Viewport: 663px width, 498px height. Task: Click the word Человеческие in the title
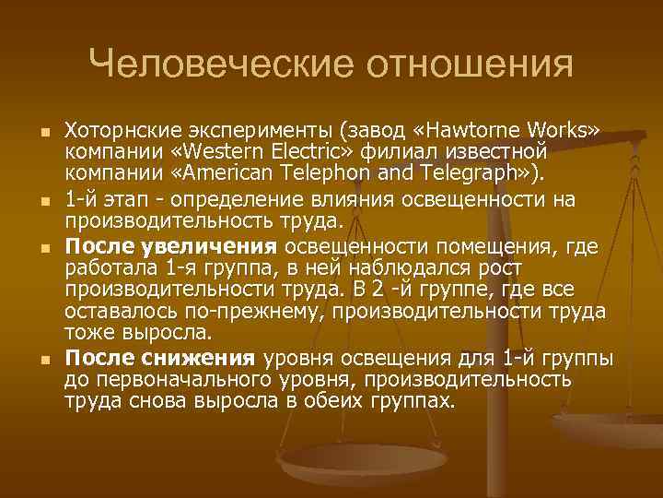pyautogui.click(x=220, y=64)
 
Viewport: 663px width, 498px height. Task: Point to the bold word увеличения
pyautogui.click(x=222, y=246)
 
